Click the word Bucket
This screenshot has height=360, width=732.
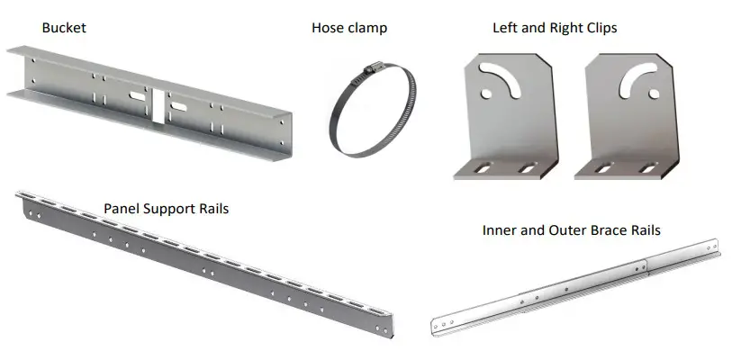point(64,28)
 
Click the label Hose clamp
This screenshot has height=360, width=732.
point(349,28)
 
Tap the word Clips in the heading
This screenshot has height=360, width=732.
point(599,28)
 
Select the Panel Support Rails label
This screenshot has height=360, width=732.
point(166,209)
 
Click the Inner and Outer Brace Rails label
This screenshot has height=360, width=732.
point(571,230)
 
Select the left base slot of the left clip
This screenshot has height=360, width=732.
point(482,168)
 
